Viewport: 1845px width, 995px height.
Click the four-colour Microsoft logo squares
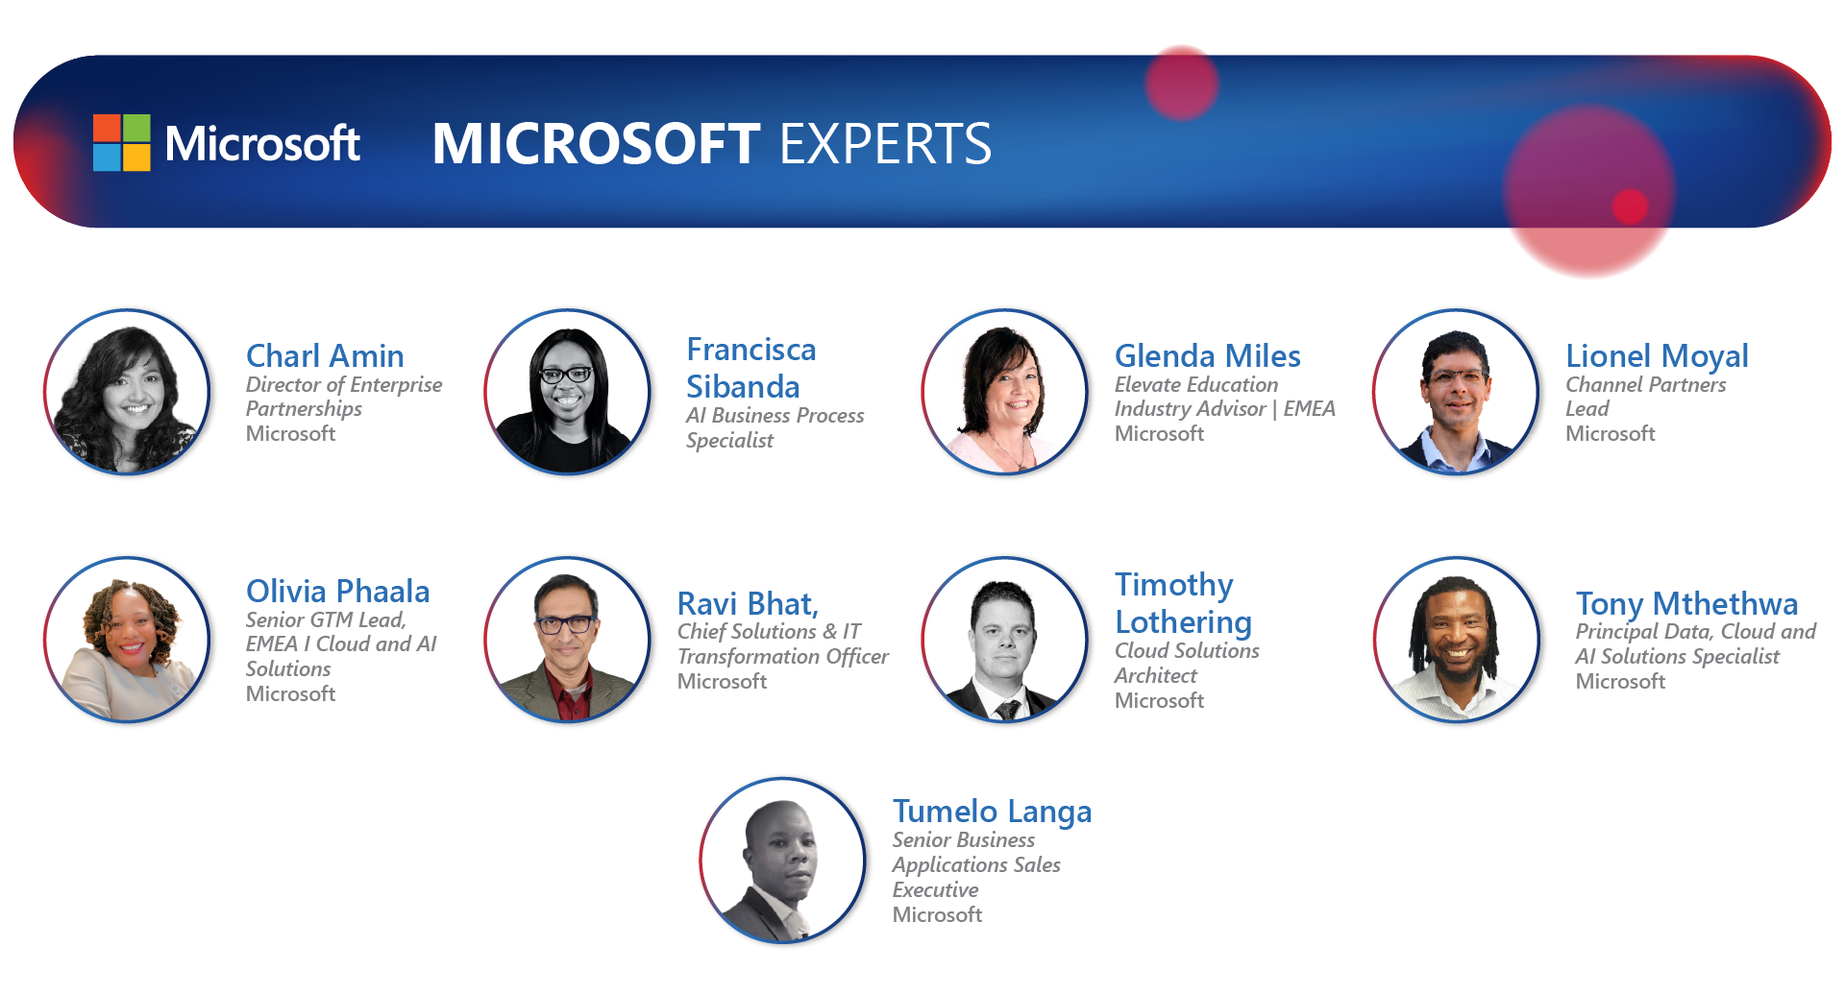(122, 143)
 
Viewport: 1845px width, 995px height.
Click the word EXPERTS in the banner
(885, 144)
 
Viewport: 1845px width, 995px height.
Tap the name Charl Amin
(325, 356)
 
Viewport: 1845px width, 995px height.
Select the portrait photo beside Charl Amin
(127, 392)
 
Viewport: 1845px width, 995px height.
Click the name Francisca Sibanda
(751, 368)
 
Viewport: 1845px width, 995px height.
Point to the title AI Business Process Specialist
(775, 427)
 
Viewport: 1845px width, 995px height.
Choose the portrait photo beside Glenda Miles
(1005, 392)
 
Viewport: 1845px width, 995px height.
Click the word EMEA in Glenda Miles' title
(1309, 409)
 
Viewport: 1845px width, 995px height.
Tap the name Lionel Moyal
(1657, 356)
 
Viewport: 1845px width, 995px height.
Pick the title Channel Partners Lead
(1646, 397)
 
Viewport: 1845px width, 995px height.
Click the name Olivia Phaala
(337, 592)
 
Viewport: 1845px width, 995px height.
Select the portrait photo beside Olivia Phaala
(127, 640)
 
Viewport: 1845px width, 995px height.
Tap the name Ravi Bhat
(748, 604)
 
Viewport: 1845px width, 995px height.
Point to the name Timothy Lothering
(1183, 603)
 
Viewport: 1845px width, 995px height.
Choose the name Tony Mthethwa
(1686, 604)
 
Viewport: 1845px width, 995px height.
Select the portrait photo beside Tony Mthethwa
(1457, 640)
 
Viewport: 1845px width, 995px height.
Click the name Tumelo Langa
(992, 813)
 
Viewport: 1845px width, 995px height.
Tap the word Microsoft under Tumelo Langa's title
(937, 915)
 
